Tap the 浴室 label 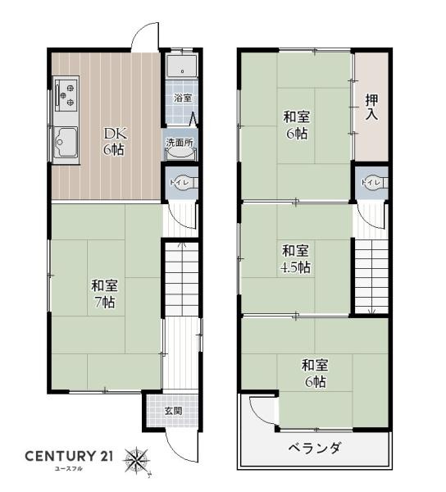coord(183,98)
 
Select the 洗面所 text coord(180,143)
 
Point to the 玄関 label coord(174,411)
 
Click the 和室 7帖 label coord(104,294)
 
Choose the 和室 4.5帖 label coord(295,259)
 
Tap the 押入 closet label coord(371,107)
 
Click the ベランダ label coord(314,448)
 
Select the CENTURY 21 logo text coord(69,456)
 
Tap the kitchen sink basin coord(66,143)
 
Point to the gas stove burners coord(66,95)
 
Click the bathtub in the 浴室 coord(182,66)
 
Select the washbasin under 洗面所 coord(180,153)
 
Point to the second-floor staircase coord(371,277)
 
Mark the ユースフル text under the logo coord(68,469)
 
